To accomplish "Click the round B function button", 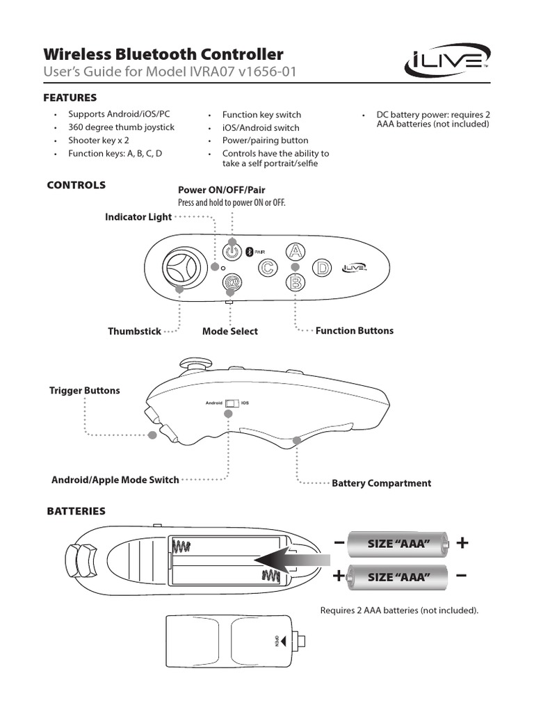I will [296, 282].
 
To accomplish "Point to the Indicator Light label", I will [138, 217].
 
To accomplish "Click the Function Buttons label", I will [354, 330].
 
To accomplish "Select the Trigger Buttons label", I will [84, 391].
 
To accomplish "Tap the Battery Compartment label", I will [381, 483].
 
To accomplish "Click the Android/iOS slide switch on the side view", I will [232, 403].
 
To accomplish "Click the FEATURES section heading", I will [70, 97].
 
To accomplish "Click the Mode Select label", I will [229, 331].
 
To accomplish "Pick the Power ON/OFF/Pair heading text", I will [222, 190].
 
